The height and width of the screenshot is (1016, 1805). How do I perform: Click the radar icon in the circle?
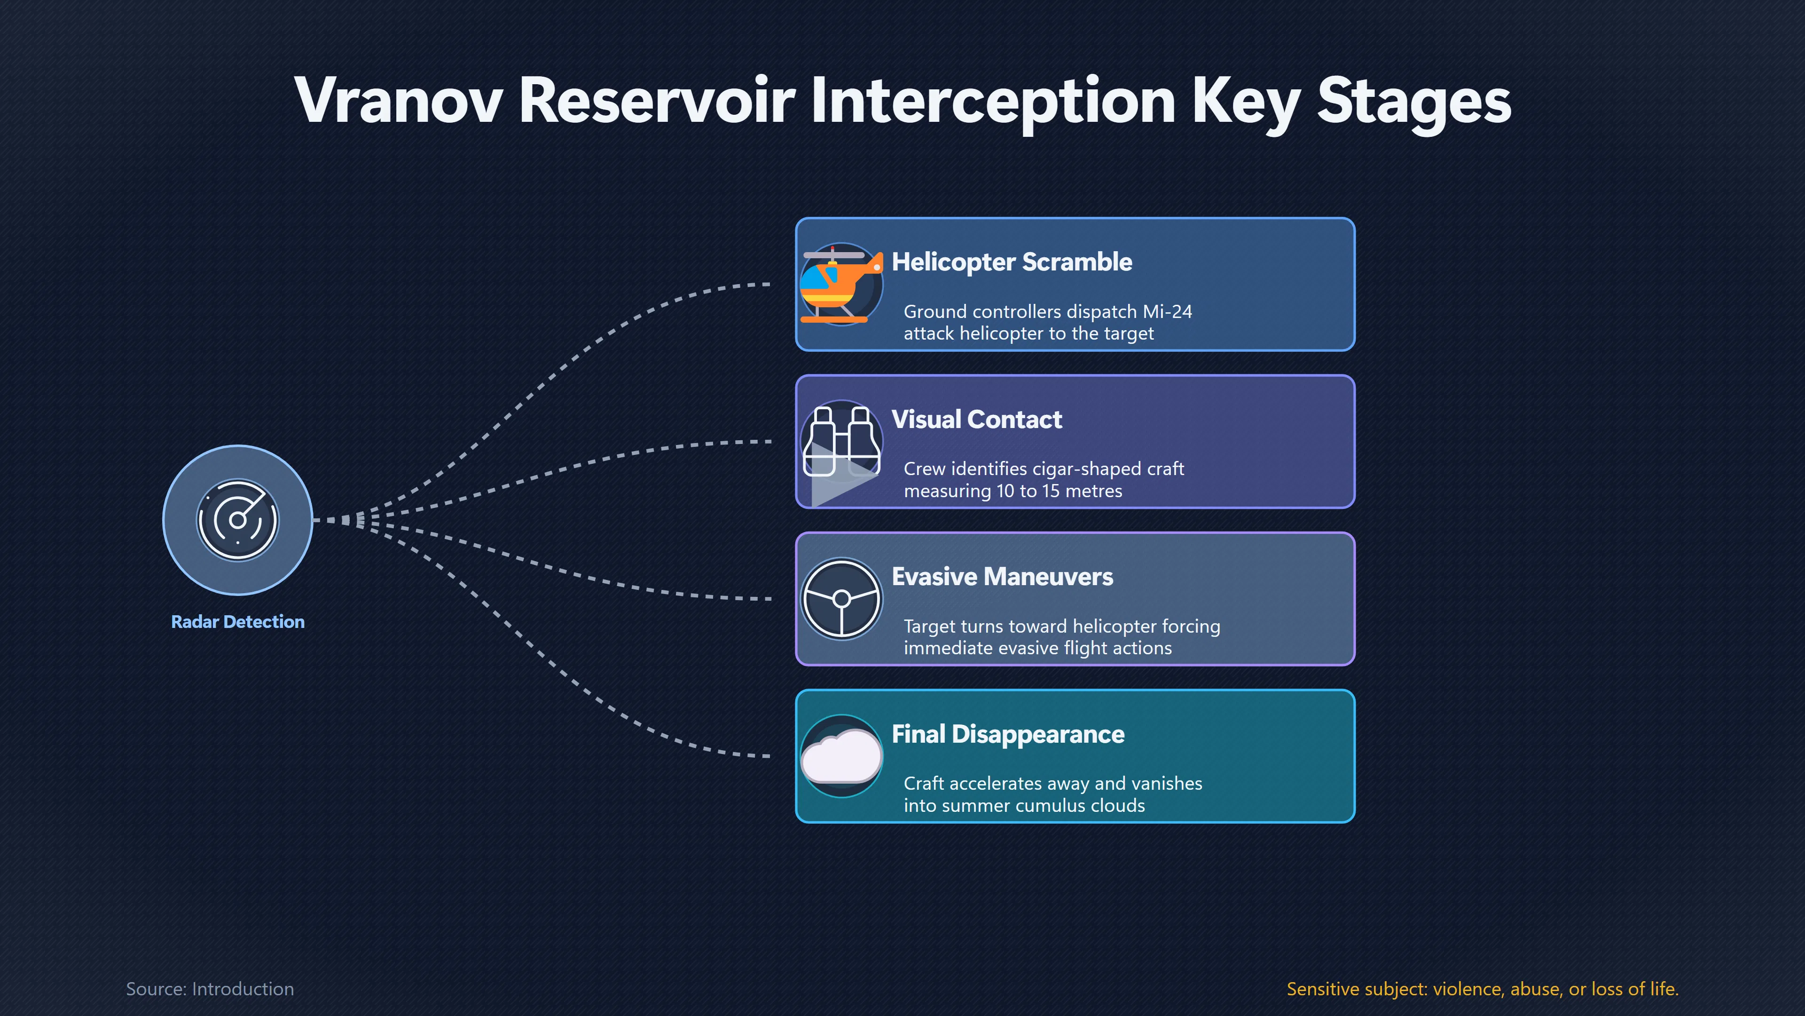(x=237, y=520)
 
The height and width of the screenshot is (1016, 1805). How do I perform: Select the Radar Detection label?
(x=237, y=622)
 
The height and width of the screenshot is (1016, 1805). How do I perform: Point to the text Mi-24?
(x=1167, y=311)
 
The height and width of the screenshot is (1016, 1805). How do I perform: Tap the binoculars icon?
(x=841, y=442)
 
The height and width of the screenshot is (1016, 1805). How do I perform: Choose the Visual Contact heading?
(x=977, y=419)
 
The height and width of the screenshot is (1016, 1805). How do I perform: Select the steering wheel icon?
(x=841, y=599)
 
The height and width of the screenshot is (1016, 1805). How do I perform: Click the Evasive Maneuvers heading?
(x=1002, y=576)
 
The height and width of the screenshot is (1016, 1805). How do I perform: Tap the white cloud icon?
(x=841, y=756)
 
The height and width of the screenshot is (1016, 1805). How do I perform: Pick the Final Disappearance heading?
(x=1008, y=734)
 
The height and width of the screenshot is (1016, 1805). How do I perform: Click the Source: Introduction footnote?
(x=210, y=989)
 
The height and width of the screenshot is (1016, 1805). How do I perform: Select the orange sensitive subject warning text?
(x=1483, y=989)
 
